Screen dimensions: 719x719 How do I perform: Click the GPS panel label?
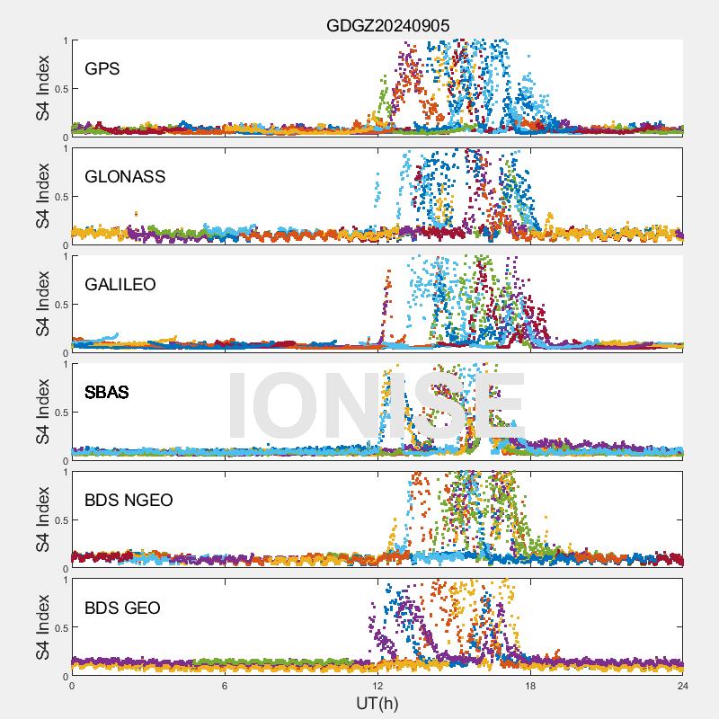click(102, 68)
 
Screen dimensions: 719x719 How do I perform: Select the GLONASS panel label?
click(125, 176)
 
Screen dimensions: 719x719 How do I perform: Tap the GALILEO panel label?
click(120, 284)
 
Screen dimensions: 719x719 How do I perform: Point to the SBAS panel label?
click(106, 392)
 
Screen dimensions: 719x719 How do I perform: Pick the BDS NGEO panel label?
click(129, 500)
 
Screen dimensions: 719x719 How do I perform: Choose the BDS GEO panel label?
click(122, 608)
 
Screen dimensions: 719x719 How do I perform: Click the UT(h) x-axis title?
click(377, 702)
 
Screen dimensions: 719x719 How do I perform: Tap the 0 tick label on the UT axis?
click(72, 685)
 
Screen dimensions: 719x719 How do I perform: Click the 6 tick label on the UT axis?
click(225, 685)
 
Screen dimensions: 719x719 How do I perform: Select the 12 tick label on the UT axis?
click(377, 685)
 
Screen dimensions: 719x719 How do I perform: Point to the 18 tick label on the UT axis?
click(530, 685)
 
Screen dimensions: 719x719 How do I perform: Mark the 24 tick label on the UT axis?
click(682, 685)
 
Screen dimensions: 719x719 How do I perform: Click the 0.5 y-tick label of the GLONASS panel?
click(57, 197)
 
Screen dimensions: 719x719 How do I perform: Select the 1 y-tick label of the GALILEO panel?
click(63, 256)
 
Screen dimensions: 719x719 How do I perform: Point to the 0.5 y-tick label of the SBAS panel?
click(57, 413)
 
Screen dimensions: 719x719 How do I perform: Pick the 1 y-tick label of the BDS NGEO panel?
click(63, 472)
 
